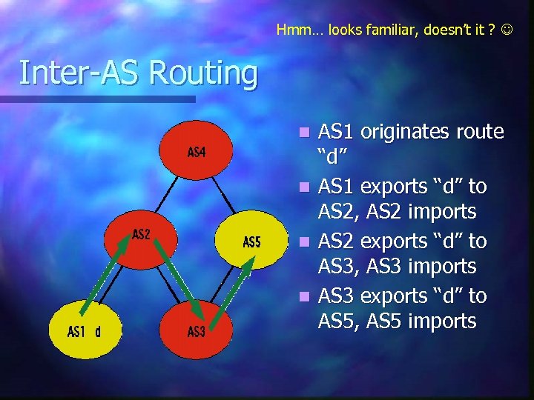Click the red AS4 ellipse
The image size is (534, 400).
point(197,153)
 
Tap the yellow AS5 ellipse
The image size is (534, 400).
point(251,242)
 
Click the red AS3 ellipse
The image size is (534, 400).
point(197,331)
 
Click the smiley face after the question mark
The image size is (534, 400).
point(506,30)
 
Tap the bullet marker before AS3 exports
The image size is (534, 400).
point(303,297)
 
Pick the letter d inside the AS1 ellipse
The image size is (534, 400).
point(97,331)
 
